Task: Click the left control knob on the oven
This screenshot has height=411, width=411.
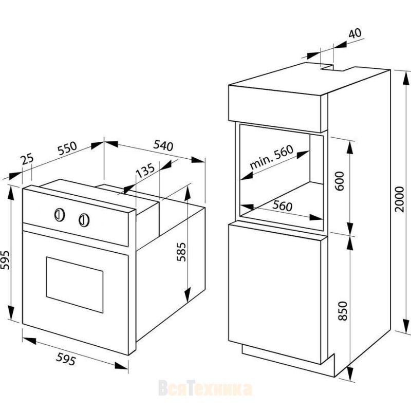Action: pos(60,215)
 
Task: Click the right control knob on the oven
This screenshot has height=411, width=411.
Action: pos(84,220)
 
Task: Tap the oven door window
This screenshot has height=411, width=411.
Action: pos(74,285)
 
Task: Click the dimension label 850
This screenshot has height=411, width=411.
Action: pos(342,311)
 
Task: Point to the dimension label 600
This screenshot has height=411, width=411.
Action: pos(340,181)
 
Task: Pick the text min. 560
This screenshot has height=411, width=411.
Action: pos(271,157)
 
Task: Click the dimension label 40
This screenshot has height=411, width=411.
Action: pos(355,33)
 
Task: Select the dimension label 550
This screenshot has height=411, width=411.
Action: pos(67,148)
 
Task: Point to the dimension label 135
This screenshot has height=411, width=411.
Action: pos(145,171)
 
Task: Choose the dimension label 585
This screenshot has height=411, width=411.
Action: pos(181,252)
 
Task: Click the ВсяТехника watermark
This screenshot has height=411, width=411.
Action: pos(205,389)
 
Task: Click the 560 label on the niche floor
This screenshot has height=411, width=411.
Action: pos(282,206)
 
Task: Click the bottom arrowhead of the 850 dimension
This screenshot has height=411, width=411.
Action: pos(350,373)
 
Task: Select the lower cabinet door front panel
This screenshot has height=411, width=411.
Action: pos(275,293)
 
